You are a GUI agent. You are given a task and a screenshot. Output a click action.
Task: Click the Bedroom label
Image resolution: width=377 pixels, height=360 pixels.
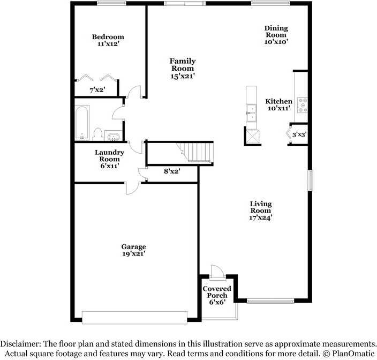(108, 37)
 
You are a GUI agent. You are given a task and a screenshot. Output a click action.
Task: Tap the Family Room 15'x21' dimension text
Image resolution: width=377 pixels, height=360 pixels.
(183, 76)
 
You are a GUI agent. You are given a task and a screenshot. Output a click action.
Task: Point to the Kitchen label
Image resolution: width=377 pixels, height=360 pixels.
(279, 101)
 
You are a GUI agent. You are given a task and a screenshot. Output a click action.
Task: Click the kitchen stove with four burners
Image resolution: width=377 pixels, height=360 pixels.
(303, 104)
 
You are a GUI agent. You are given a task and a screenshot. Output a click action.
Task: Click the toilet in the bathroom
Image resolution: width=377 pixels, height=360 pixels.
(97, 133)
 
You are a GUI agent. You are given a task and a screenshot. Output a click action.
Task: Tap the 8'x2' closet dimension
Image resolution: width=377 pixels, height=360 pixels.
(171, 171)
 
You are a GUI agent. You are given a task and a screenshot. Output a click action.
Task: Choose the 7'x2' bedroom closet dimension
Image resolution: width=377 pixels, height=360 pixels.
(97, 89)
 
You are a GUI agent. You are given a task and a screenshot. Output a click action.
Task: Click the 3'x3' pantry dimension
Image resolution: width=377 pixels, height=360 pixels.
(299, 134)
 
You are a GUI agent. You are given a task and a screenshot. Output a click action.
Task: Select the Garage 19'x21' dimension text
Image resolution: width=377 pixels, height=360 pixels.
(133, 254)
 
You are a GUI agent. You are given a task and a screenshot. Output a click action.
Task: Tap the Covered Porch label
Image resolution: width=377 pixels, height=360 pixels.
(217, 292)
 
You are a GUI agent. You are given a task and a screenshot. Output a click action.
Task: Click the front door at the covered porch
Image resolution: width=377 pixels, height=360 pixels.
(217, 273)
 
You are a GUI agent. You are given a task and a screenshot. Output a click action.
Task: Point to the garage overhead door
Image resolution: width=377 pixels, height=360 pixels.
(134, 317)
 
